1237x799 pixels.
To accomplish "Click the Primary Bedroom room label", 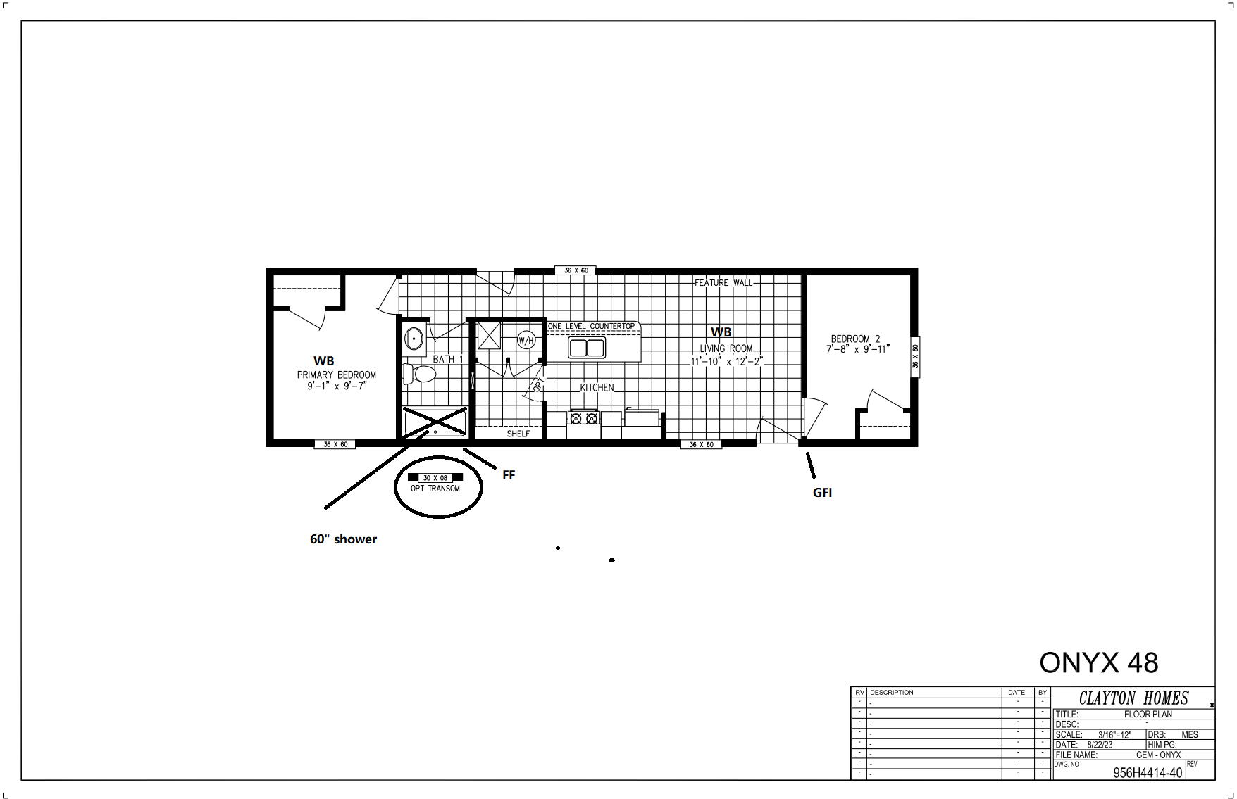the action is click(x=336, y=375).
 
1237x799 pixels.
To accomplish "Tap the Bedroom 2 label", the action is click(x=855, y=339).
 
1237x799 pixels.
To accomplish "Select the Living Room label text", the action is click(x=726, y=348).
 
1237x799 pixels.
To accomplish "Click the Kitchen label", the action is click(x=597, y=387).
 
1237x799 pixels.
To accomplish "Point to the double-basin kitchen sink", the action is click(x=587, y=348).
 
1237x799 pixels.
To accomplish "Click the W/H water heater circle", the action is click(x=526, y=341).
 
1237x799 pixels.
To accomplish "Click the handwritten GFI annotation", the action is click(x=822, y=493).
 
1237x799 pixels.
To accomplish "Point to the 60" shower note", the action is click(x=343, y=539).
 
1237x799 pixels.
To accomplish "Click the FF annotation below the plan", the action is click(x=509, y=475).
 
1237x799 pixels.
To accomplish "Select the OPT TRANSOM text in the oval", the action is click(x=435, y=489).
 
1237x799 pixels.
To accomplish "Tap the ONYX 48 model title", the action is click(x=1099, y=662).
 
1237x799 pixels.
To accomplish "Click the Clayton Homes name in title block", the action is click(x=1134, y=698).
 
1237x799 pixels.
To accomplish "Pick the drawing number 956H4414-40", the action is click(x=1148, y=773).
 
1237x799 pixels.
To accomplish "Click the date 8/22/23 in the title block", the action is click(x=1100, y=745).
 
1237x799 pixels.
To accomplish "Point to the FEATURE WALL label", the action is click(x=723, y=283).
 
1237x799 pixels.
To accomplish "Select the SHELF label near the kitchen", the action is click(x=518, y=434).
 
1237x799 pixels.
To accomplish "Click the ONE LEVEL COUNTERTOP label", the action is click(x=592, y=327).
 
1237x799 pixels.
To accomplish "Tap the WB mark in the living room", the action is click(x=721, y=332).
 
